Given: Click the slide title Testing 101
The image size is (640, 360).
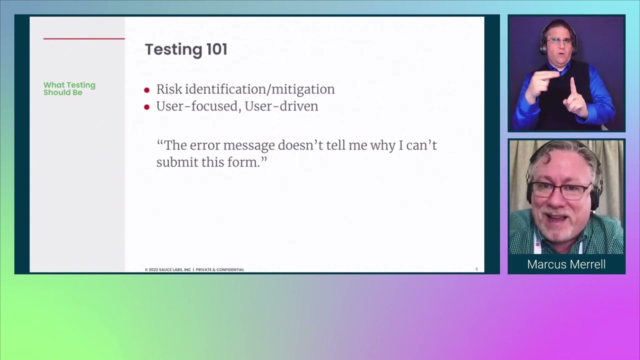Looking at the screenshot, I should [186, 49].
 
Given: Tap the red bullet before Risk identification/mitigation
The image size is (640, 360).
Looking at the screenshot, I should [147, 90].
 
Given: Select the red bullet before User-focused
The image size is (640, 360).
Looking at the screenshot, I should [147, 107].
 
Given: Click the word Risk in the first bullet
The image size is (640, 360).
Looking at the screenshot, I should [169, 89].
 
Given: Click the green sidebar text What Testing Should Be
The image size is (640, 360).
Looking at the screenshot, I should [69, 88].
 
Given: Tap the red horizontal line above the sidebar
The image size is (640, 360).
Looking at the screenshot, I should [84, 38].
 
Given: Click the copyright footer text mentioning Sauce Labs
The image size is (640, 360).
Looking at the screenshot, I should [194, 269].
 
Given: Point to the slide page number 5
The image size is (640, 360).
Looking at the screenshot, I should [476, 269].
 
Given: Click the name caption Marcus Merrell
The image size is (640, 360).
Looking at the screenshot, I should [566, 264].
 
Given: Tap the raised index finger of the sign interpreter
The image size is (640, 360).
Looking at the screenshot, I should [573, 87].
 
